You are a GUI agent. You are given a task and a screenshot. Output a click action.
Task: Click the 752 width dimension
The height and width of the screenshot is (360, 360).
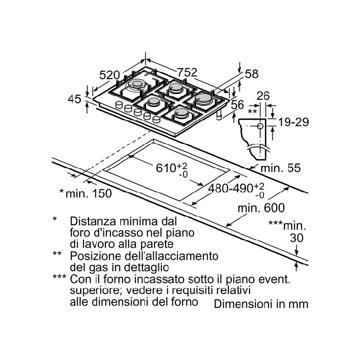pos(187,73)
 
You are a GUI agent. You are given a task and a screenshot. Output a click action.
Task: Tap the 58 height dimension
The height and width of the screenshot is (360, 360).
pos(251,74)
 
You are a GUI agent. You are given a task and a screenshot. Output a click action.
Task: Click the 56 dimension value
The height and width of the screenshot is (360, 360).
pos(237,104)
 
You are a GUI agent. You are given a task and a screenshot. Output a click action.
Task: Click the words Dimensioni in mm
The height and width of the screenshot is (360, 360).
pos(261,303)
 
